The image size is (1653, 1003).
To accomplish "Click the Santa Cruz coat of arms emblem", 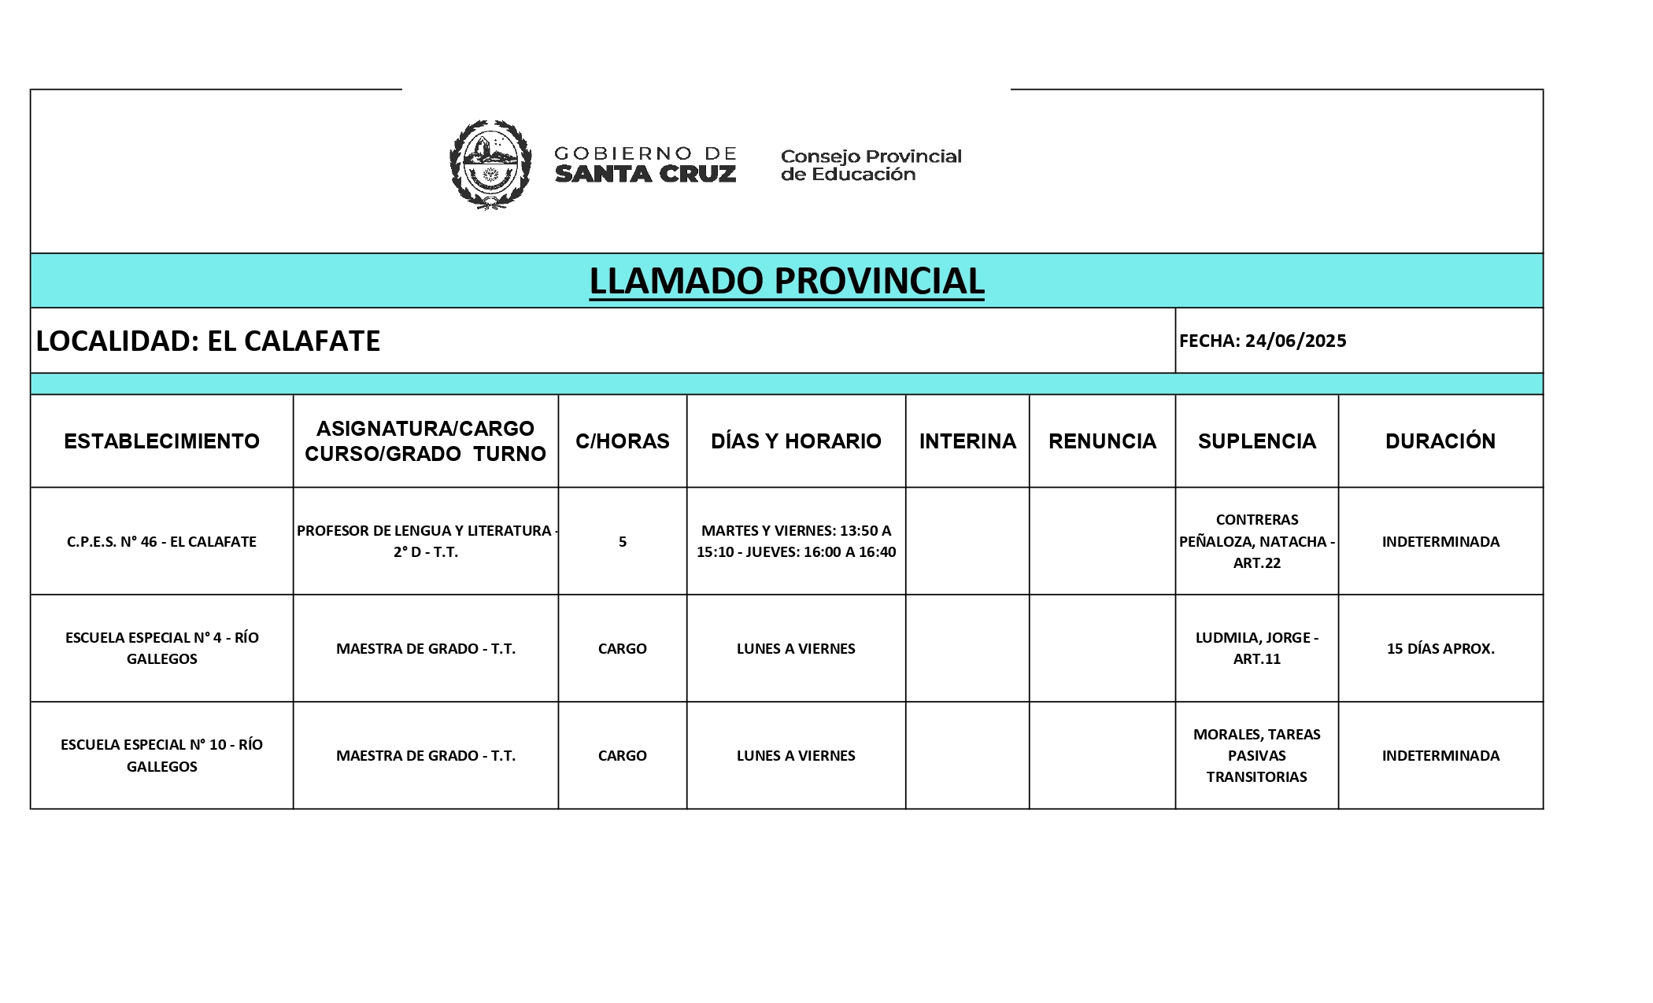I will pyautogui.click(x=490, y=164).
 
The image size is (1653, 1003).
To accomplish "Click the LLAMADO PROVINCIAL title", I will pyautogui.click(x=786, y=281).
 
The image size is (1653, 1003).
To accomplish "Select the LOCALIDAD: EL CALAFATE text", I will pyautogui.click(x=209, y=341).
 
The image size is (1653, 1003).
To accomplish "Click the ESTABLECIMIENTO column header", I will pyautogui.click(x=161, y=441).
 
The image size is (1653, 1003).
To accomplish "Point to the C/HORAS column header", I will pyautogui.click(x=622, y=441).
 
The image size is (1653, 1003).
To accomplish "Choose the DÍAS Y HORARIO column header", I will pyautogui.click(x=796, y=441).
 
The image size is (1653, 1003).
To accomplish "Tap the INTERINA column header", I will pyautogui.click(x=967, y=441).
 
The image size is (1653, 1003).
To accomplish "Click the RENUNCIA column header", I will pyautogui.click(x=1102, y=441).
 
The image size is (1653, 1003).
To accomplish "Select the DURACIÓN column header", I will pyautogui.click(x=1440, y=441).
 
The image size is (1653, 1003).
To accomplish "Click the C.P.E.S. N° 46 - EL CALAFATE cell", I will pyautogui.click(x=161, y=541).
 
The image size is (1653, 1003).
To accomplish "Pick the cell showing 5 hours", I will pyautogui.click(x=623, y=541).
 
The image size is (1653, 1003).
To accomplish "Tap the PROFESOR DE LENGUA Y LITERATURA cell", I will pyautogui.click(x=426, y=541).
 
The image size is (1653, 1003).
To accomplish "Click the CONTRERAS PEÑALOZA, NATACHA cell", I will pyautogui.click(x=1257, y=541).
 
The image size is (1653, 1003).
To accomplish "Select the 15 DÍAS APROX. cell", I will pyautogui.click(x=1440, y=649).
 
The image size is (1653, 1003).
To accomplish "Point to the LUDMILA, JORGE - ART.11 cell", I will pyautogui.click(x=1257, y=648).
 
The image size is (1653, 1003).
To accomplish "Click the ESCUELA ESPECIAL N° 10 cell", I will pyautogui.click(x=161, y=755).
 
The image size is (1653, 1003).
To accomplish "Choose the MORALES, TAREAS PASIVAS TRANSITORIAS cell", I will pyautogui.click(x=1257, y=755).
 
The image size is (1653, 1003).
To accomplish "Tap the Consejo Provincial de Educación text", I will pyautogui.click(x=871, y=165).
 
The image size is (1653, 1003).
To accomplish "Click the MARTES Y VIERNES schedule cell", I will pyautogui.click(x=796, y=541).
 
